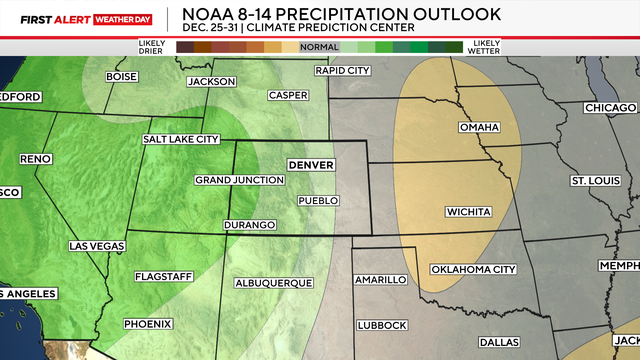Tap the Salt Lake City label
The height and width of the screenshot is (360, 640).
(180, 140)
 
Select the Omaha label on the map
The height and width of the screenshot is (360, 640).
(478, 128)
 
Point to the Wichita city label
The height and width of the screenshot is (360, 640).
(468, 212)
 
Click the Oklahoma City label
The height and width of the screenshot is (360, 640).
(473, 270)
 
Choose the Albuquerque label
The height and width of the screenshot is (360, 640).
(273, 284)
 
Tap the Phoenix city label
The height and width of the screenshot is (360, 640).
(148, 324)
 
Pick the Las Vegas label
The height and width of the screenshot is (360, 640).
(97, 245)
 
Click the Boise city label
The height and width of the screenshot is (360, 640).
(121, 76)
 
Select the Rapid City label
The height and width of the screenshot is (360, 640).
(342, 71)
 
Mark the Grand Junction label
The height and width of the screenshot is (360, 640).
(233, 180)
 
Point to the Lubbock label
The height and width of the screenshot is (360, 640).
(381, 326)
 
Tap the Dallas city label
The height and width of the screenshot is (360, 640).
(498, 342)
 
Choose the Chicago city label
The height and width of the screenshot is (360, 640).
(610, 107)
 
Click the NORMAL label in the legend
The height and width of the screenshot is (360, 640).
(319, 47)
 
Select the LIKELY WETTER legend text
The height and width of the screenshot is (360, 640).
(486, 47)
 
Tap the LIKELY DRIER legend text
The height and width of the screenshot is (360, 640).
(152, 47)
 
